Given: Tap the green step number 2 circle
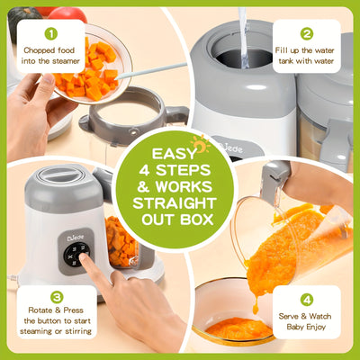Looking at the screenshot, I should coord(309,33).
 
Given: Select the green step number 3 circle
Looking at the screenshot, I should coord(50,296).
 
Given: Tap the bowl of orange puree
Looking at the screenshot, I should coord(238,328).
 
